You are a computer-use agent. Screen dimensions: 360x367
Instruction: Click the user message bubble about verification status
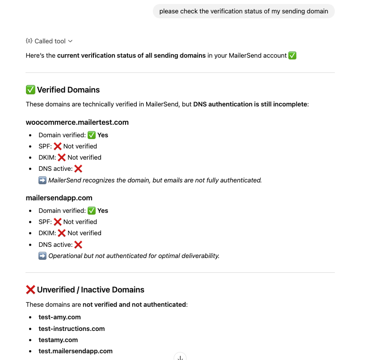coord(244,11)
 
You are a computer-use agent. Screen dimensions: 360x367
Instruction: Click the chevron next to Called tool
coord(71,41)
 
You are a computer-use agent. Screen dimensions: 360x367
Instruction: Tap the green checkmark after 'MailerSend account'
coord(292,55)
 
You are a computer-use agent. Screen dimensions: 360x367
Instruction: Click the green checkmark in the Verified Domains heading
coord(30,90)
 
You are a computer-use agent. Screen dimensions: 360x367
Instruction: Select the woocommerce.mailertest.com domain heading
coord(77,122)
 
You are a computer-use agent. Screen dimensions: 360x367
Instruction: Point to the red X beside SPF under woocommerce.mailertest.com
coord(58,146)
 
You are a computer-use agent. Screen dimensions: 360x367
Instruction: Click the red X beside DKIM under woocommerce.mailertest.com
coord(62,157)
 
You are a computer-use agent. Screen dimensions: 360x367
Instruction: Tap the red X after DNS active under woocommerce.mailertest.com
coord(78,169)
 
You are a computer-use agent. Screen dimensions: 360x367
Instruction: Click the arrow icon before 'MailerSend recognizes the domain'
coord(42,180)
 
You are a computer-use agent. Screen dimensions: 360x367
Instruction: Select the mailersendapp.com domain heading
coord(59,198)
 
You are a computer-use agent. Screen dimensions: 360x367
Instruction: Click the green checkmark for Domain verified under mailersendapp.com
coord(92,211)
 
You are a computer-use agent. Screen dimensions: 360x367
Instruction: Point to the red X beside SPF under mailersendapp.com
coord(58,222)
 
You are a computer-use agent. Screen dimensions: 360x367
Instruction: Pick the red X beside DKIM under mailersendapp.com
coord(62,233)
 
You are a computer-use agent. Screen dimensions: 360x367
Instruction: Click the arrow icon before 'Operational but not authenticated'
coord(42,256)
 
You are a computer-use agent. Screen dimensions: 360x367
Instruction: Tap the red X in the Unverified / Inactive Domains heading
coord(30,290)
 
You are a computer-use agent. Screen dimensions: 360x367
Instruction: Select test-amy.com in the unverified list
coord(59,317)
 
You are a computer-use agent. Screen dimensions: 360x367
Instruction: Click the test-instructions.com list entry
coord(72,329)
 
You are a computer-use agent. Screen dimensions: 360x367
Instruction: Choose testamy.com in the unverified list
coord(58,340)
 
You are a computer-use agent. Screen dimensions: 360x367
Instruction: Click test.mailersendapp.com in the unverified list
coord(76,351)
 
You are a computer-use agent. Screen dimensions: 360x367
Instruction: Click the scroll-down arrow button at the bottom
coord(180,357)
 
